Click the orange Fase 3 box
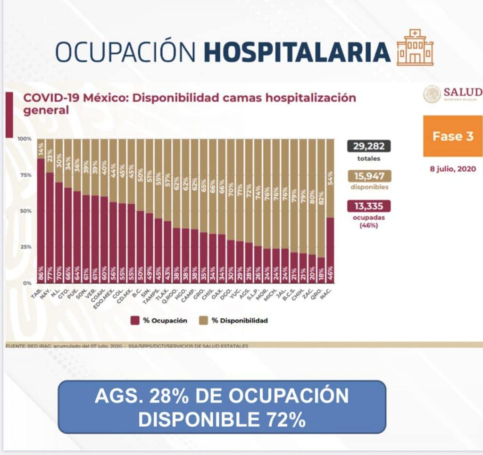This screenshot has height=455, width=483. point(452,136)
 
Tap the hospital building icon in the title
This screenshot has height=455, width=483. point(415,48)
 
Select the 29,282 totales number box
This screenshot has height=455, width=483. point(369,146)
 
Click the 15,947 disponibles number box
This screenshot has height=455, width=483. point(369,176)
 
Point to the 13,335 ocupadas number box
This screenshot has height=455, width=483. point(369,206)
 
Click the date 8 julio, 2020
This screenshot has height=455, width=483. point(452,168)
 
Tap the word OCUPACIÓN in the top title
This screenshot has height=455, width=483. point(125,52)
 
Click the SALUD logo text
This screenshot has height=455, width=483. point(462,92)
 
